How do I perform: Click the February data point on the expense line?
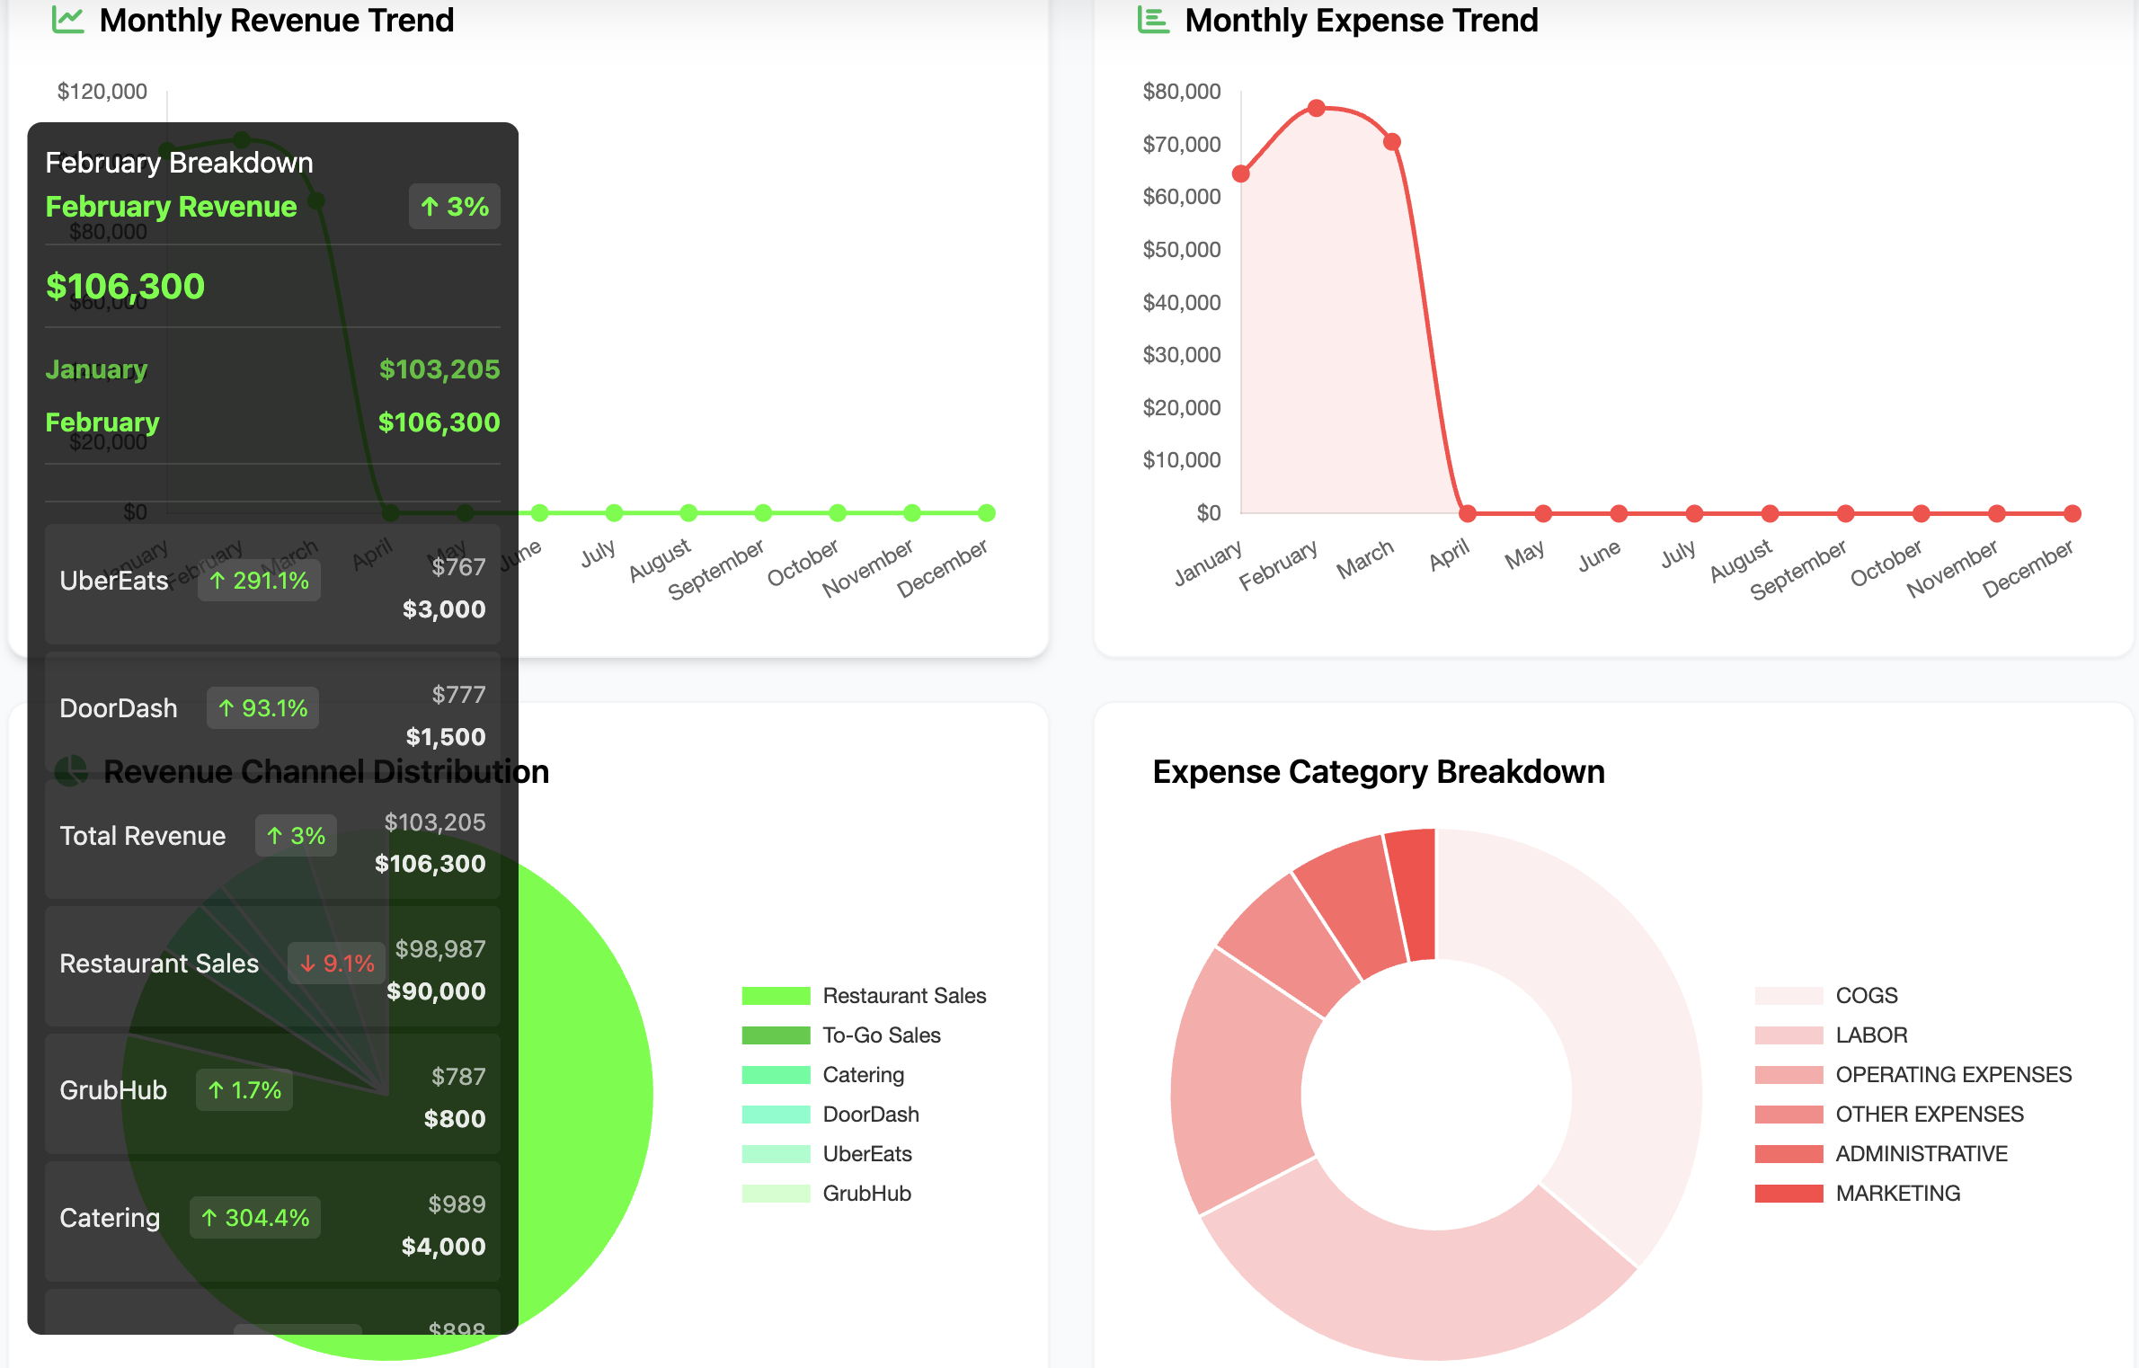(x=1317, y=108)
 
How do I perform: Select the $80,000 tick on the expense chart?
(x=1181, y=92)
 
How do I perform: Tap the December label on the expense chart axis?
(x=2028, y=569)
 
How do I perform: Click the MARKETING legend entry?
(x=1897, y=1194)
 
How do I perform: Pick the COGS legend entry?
(x=1866, y=996)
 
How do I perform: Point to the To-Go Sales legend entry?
(x=881, y=1035)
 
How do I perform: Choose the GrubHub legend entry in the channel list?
(x=866, y=1194)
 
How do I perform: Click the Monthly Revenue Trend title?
(x=276, y=21)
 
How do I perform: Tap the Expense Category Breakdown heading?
(x=1378, y=772)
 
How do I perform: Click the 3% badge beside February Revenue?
(x=455, y=207)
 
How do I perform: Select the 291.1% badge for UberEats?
(x=259, y=581)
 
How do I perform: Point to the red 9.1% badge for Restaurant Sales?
(x=337, y=964)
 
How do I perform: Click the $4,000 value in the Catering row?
(x=443, y=1247)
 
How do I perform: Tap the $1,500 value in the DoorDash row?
(x=445, y=737)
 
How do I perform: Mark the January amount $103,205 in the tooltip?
(x=439, y=369)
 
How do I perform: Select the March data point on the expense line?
(x=1392, y=142)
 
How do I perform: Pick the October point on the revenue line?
(x=838, y=513)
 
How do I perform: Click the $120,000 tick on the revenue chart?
(x=102, y=92)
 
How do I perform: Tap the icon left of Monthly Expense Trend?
(x=1153, y=20)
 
